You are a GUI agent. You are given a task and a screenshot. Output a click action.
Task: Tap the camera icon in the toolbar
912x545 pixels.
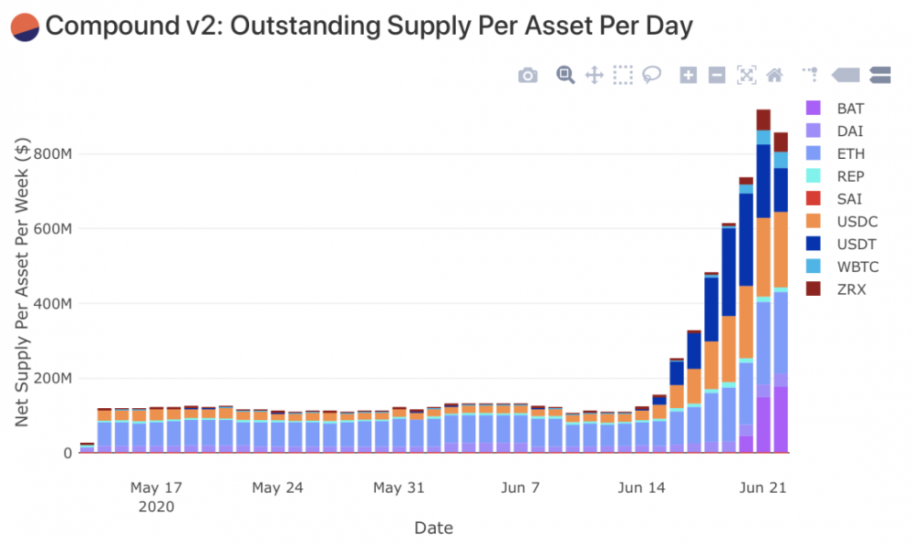pyautogui.click(x=528, y=76)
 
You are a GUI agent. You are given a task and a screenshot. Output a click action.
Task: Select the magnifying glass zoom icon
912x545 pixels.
pyautogui.click(x=565, y=75)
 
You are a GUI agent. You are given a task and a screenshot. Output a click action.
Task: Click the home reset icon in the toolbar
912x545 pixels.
pyautogui.click(x=775, y=75)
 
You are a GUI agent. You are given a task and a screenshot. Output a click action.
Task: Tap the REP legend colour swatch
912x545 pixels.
pyautogui.click(x=814, y=176)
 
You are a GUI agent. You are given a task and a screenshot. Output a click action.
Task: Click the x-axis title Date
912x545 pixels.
pyautogui.click(x=433, y=528)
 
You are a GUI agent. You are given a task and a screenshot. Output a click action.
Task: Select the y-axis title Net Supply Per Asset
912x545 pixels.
pyautogui.click(x=24, y=283)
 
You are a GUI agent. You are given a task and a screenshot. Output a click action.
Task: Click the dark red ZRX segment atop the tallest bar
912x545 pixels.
pyautogui.click(x=763, y=120)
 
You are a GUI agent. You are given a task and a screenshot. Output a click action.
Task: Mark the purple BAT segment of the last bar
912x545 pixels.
pyautogui.click(x=781, y=420)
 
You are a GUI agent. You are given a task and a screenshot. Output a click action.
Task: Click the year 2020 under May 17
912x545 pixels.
pyautogui.click(x=157, y=506)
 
